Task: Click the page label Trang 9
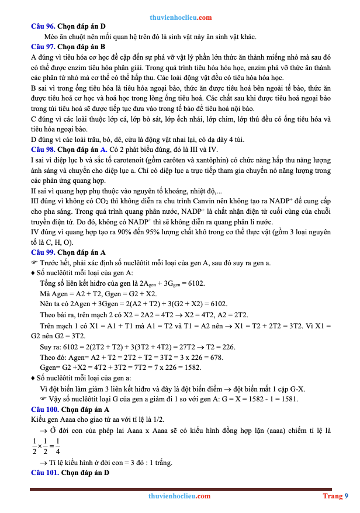point(335,496)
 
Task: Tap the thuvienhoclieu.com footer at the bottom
point(179,496)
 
